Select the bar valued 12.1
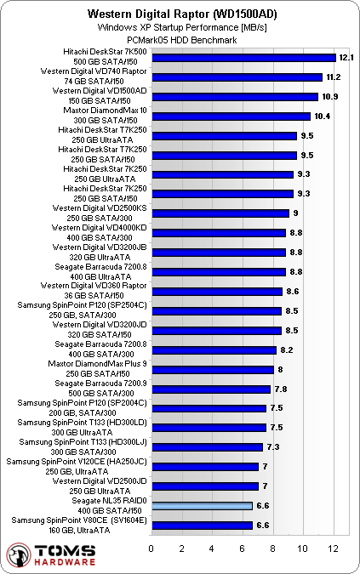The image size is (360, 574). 243,58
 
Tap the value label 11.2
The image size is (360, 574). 334,77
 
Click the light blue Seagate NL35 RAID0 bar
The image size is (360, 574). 202,506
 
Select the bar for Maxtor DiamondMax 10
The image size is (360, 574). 231,117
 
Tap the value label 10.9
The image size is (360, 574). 330,97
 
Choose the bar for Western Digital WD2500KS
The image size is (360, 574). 220,213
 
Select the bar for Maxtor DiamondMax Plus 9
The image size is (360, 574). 213,369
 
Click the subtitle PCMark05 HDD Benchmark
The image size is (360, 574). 180,39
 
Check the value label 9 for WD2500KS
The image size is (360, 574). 295,213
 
